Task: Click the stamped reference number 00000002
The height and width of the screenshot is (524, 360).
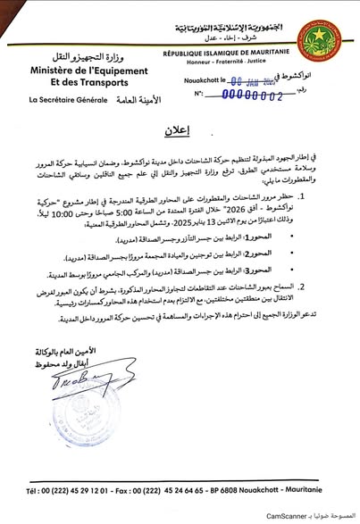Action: (x=247, y=92)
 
